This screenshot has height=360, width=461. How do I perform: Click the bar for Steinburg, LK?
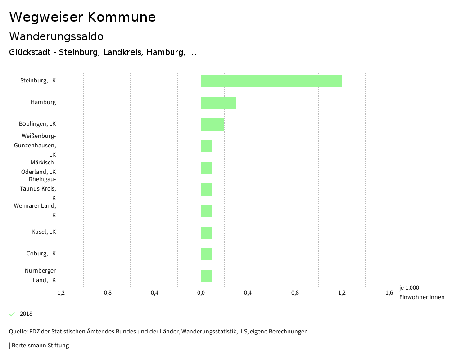tap(271, 81)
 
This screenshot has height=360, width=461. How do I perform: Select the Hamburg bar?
tap(218, 103)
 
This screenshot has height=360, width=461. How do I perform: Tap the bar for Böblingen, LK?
tap(212, 124)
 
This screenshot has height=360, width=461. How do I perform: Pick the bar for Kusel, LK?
tap(207, 232)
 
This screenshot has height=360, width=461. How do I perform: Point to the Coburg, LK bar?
tap(207, 254)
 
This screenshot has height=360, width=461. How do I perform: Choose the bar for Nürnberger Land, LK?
tap(207, 276)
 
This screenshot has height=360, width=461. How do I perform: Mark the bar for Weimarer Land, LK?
tap(207, 211)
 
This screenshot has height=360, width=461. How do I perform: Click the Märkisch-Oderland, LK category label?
tap(38, 167)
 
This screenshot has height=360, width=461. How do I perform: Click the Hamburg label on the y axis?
tap(43, 102)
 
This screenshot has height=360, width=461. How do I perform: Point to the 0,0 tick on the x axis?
tap(201, 293)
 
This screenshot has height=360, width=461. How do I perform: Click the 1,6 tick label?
tap(389, 293)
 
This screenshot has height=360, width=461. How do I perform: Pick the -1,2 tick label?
tap(60, 293)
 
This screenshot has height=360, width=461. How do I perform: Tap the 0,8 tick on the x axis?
tap(295, 293)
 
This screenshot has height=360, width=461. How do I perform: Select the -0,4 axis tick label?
tap(154, 293)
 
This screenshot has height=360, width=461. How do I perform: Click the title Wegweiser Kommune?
tap(82, 17)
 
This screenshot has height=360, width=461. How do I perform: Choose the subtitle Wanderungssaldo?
tap(56, 36)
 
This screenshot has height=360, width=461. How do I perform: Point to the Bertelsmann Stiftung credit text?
tap(40, 346)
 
